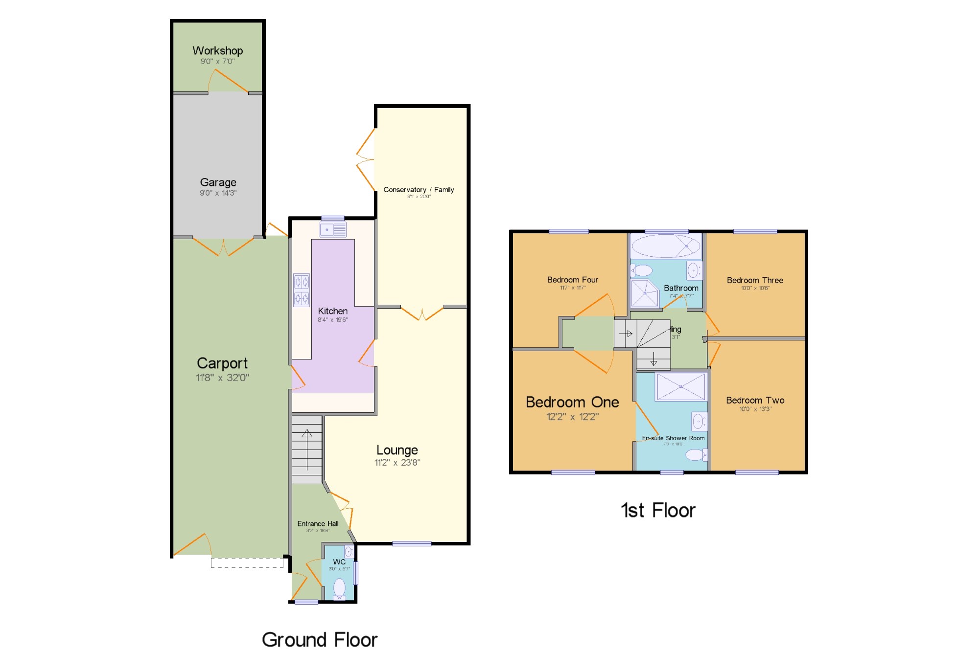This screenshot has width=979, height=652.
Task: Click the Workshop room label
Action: pos(217,51)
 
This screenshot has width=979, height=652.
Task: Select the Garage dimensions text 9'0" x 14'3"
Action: pos(218,193)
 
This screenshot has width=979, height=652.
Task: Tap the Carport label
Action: pos(222,363)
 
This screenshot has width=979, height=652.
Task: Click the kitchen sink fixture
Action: pos(333,229)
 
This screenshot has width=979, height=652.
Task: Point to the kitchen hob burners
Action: pos(302,290)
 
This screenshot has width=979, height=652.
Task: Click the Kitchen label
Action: pos(332,311)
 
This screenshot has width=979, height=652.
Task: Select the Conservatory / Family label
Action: pos(419,190)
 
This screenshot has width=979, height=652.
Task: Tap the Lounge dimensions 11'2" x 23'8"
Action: pos(397,463)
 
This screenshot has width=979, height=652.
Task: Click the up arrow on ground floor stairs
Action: pos(307,434)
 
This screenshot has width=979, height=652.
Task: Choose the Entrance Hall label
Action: pos(318,524)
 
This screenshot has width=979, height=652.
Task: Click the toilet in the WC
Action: pos(339,587)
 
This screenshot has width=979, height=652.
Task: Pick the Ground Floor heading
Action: pos(320,640)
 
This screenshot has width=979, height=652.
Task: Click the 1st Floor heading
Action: pos(658,511)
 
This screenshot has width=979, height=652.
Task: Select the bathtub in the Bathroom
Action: pos(666,246)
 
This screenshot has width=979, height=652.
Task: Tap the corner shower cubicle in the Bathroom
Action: pos(644,293)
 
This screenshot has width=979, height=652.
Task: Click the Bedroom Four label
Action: pos(572,280)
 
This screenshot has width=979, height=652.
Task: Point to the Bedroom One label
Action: pos(572,402)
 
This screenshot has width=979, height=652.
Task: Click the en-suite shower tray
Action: pos(680,386)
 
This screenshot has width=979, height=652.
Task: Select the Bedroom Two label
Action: pos(755,400)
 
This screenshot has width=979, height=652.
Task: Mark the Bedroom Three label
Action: pos(755,280)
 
